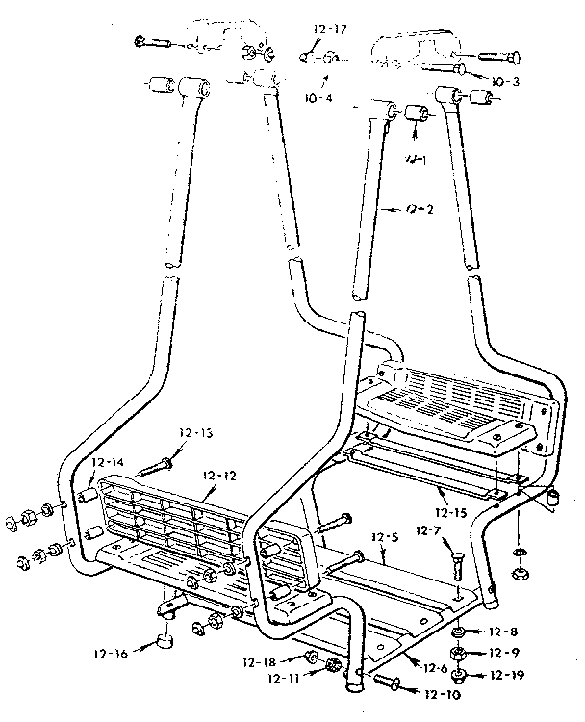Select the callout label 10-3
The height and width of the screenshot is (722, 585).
(502, 81)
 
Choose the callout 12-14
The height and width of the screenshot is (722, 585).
(109, 463)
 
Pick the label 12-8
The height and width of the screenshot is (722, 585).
(504, 632)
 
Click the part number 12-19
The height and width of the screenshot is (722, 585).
(507, 675)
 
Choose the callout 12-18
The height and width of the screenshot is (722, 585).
(259, 661)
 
